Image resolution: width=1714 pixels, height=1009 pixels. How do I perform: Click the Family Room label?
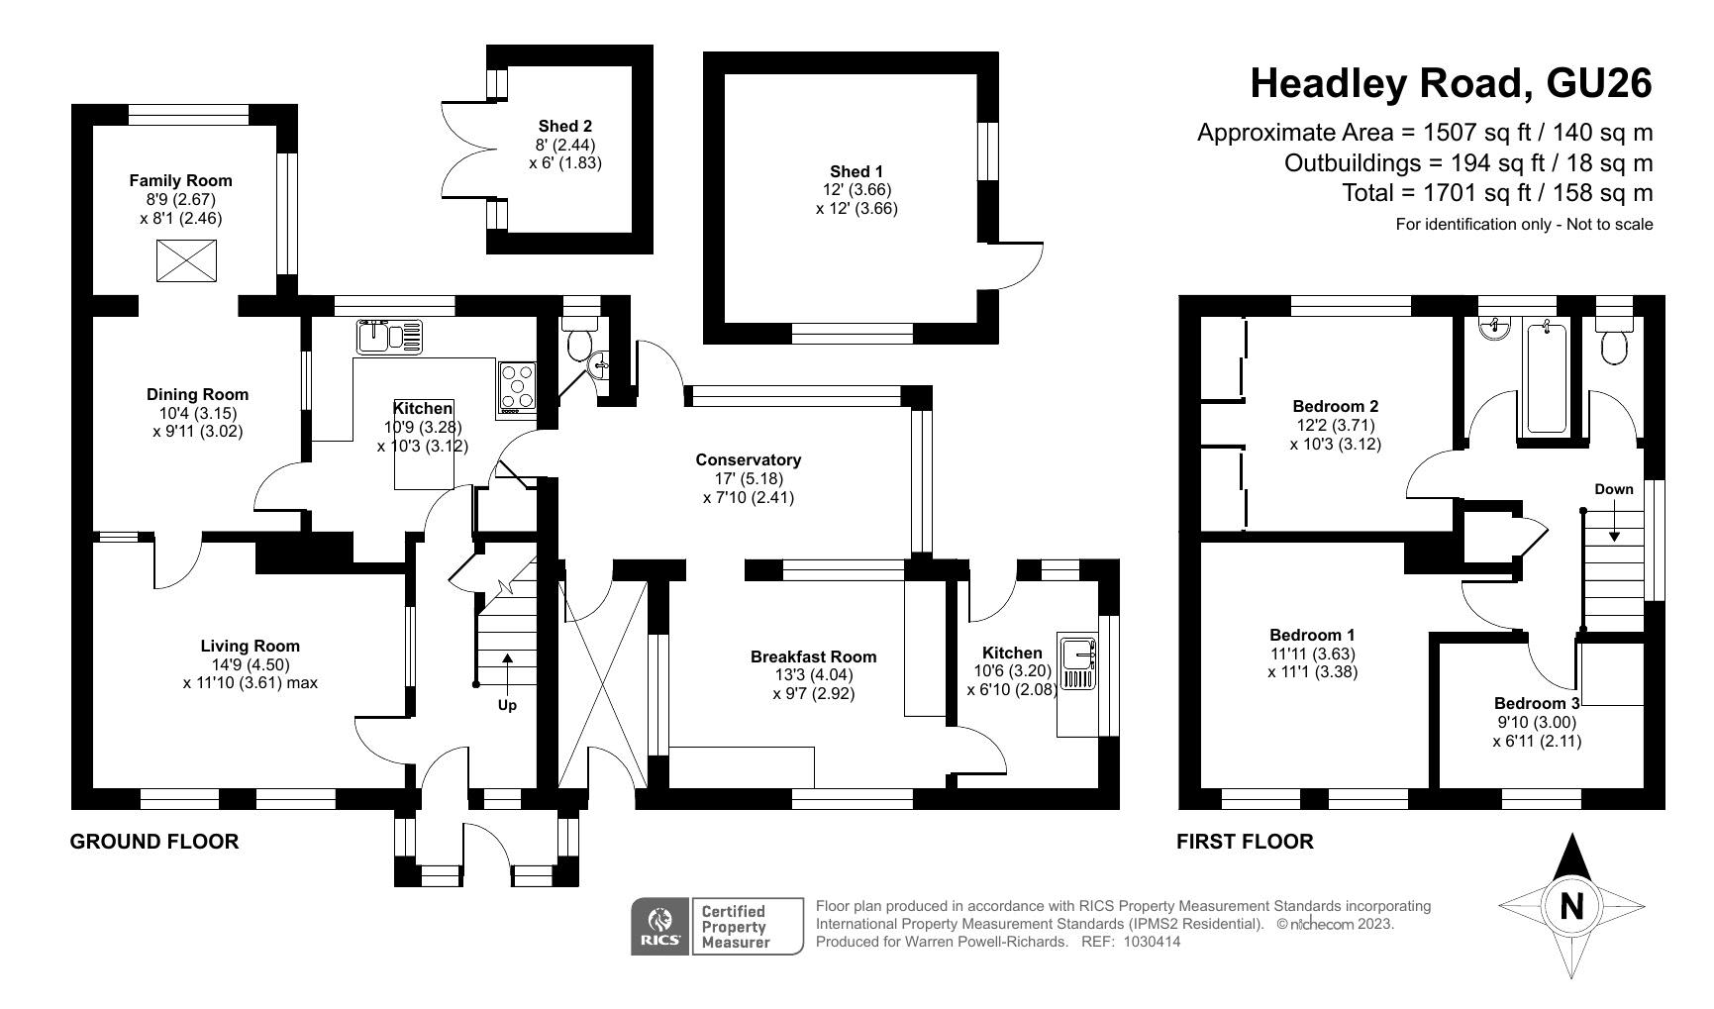(181, 180)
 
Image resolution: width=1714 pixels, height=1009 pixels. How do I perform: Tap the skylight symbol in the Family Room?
(186, 260)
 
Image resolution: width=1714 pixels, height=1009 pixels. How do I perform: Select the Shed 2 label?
(565, 126)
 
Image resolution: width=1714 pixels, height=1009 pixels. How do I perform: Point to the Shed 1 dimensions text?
(857, 199)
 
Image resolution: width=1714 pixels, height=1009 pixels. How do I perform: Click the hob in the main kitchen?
(518, 386)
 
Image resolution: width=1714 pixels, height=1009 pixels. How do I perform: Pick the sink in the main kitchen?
(389, 337)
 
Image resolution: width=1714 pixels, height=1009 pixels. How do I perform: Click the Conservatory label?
(749, 459)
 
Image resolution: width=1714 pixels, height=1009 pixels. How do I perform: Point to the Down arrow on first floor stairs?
(1614, 523)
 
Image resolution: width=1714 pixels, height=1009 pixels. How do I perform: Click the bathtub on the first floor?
(1546, 378)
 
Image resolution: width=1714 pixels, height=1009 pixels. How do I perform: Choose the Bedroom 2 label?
(1336, 406)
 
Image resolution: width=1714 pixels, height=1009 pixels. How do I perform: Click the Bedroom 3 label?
(1537, 703)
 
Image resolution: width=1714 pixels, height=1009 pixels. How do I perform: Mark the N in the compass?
(1571, 906)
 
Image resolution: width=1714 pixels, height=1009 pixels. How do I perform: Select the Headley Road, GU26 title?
(1452, 83)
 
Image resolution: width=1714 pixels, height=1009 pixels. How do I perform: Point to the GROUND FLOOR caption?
(154, 842)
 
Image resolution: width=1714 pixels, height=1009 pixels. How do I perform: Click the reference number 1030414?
(1153, 942)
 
